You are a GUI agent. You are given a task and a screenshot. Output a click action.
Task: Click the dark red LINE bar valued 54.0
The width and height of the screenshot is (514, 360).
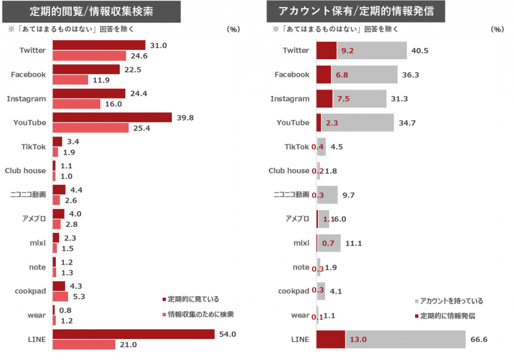tap(134, 334)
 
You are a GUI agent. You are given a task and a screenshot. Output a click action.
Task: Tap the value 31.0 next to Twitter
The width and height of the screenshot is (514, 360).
tap(158, 45)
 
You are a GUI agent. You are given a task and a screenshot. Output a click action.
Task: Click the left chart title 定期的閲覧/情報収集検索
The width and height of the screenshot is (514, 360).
tap(91, 11)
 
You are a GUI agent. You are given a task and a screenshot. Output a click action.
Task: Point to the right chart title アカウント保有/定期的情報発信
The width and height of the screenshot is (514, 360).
tap(356, 11)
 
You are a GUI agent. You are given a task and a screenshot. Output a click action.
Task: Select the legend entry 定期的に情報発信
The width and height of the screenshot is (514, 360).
tap(447, 316)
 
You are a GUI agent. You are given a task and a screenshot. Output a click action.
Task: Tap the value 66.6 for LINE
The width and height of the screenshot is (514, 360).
tap(479, 339)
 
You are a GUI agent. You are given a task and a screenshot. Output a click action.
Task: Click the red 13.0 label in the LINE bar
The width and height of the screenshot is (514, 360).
tap(358, 339)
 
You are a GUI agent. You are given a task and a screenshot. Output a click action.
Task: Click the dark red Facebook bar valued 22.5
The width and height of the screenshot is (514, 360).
tap(86, 69)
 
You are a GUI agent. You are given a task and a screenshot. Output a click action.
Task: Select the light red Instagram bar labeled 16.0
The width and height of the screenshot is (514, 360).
tap(76, 104)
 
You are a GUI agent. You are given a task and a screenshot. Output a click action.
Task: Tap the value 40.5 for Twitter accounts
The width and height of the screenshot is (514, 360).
tap(420, 51)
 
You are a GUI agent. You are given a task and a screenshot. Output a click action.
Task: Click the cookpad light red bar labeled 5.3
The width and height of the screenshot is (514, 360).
tap(60, 297)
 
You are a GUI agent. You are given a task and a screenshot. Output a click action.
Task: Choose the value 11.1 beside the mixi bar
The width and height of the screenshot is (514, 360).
tap(354, 244)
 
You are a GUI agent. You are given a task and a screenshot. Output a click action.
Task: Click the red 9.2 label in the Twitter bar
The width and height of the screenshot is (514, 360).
tap(347, 51)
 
